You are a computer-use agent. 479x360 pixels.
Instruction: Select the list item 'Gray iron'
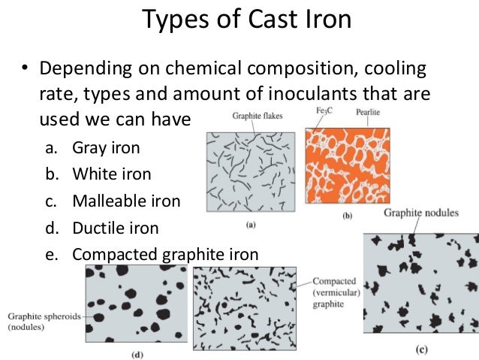coord(105,148)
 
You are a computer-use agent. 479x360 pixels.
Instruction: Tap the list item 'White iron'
coord(111,174)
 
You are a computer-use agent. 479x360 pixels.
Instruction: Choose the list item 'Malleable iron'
coord(126,201)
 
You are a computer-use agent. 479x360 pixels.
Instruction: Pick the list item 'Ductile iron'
coord(115,227)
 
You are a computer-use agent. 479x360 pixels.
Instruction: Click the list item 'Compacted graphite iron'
coord(165,254)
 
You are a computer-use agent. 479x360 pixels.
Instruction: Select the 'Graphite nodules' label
coord(420,213)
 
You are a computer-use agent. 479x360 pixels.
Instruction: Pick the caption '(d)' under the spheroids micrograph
coord(133,352)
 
